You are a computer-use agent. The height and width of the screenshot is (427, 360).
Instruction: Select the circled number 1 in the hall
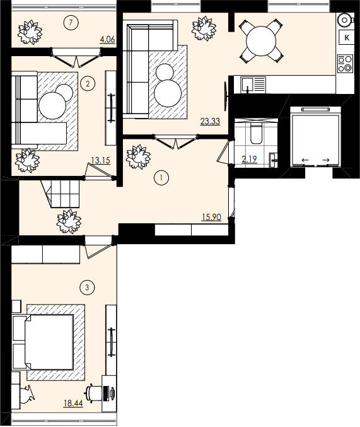coord(161,178)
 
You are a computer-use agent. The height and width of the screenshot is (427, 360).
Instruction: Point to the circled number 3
coord(88,288)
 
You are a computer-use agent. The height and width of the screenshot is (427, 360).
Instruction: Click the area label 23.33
coord(210,121)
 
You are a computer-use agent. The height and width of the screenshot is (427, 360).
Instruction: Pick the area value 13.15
coord(100,160)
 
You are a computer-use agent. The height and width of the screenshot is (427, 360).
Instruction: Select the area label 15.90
coord(211,218)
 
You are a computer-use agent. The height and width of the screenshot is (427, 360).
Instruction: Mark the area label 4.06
coord(107,40)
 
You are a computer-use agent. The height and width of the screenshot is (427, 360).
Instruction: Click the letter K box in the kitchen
coord(347,38)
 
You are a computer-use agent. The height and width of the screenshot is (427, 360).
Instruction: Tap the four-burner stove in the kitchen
coord(345,63)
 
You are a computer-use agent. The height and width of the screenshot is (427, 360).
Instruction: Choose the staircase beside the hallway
coord(62,193)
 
